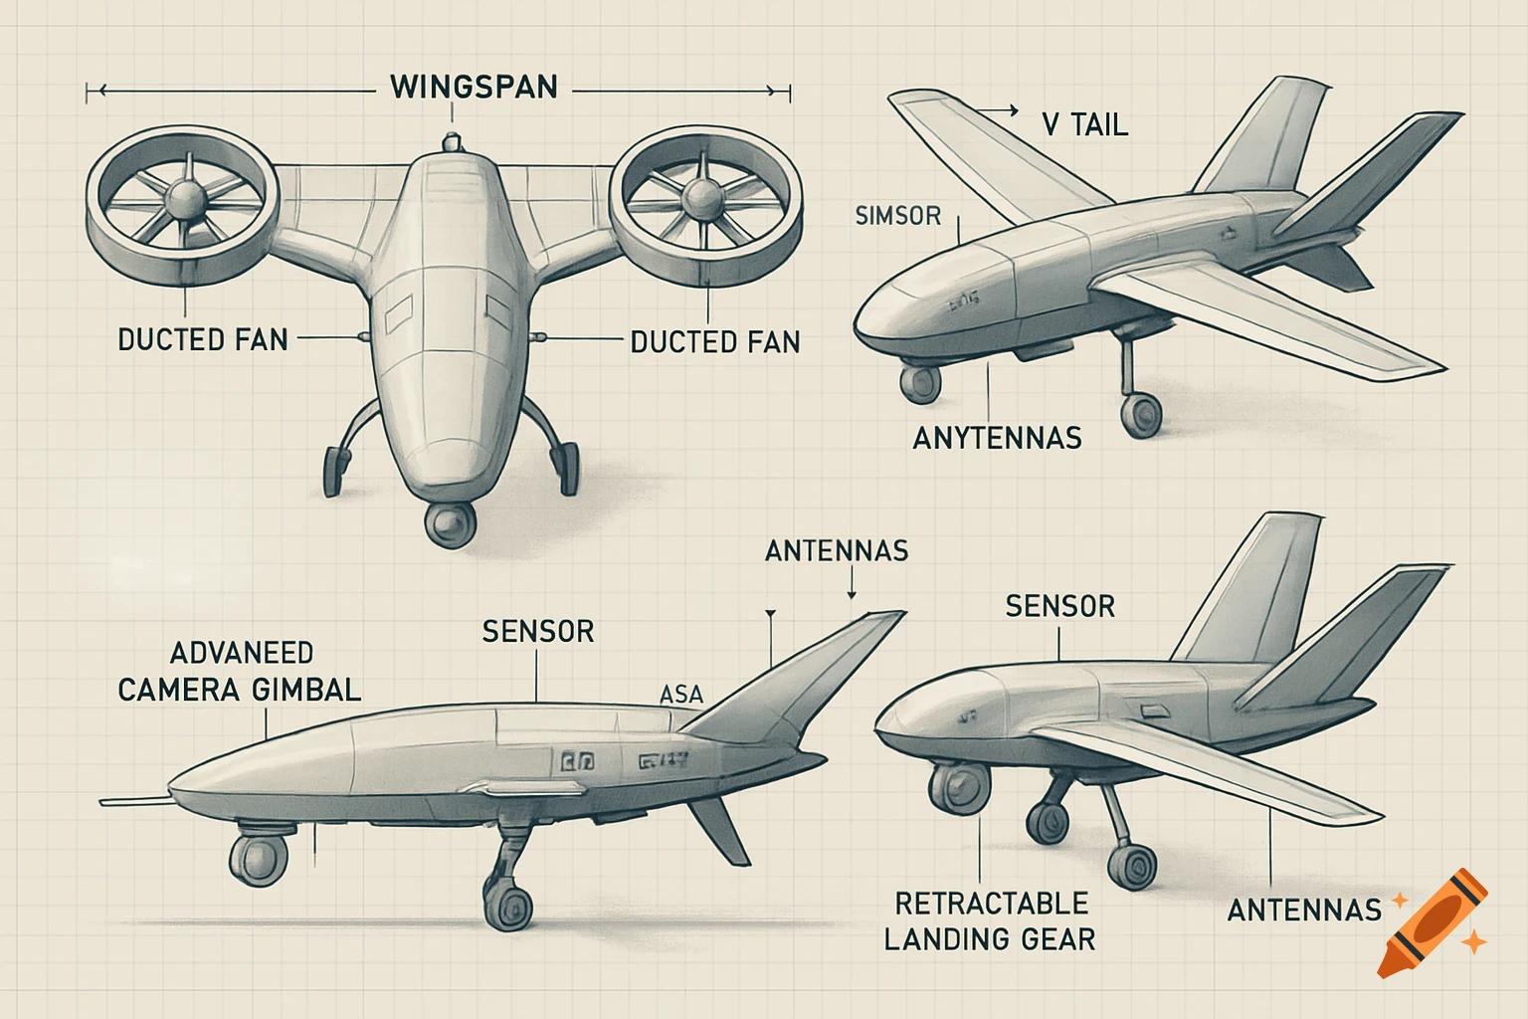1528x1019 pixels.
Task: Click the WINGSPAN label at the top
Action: click(x=474, y=88)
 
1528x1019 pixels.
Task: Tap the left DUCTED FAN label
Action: click(x=203, y=340)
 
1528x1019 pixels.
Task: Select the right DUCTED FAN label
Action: click(x=715, y=342)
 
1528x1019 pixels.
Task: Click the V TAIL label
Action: click(x=1084, y=125)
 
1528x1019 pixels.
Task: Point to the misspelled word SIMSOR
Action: click(x=897, y=216)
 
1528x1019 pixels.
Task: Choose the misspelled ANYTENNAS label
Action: click(x=997, y=438)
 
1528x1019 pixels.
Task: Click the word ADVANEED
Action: click(x=242, y=654)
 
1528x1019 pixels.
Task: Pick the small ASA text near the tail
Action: click(x=681, y=695)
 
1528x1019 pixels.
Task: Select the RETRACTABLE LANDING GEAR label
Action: click(x=990, y=920)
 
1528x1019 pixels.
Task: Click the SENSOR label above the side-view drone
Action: click(x=538, y=632)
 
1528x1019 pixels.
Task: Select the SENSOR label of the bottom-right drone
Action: click(x=1059, y=606)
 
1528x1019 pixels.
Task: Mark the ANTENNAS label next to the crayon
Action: click(x=1304, y=910)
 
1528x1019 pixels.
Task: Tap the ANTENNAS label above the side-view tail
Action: click(x=837, y=551)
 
